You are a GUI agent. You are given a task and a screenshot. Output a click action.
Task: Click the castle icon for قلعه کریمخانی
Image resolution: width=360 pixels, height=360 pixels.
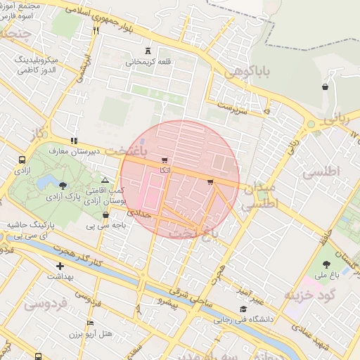(148, 51)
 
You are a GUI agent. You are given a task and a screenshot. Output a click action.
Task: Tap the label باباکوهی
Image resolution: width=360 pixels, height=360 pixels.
(244, 72)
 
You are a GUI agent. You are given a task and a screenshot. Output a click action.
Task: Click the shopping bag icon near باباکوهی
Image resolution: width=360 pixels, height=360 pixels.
(325, 87)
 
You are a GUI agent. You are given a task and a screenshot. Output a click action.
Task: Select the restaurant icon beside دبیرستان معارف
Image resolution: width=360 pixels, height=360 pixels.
(74, 140)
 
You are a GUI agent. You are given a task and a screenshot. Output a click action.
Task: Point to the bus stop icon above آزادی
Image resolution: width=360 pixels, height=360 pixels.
(22, 160)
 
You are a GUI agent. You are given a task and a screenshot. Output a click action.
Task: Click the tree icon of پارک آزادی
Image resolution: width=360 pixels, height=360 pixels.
(64, 186)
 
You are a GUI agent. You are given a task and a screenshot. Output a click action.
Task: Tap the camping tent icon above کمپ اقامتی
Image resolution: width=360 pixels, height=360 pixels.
(105, 181)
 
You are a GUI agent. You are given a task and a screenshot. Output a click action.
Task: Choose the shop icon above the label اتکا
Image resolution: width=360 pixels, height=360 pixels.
(165, 160)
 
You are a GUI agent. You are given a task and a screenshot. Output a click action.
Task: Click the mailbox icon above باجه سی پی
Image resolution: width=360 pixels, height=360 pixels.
(105, 215)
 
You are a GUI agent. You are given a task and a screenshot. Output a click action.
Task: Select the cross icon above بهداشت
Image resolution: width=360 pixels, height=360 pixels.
(60, 266)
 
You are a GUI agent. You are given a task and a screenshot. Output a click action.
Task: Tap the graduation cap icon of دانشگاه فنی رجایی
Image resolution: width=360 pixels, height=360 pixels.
(243, 309)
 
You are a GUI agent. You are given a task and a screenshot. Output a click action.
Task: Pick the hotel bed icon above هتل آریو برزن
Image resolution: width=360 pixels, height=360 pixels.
(89, 323)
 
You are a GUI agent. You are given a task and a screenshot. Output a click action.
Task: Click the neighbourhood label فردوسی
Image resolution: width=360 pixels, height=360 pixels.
(45, 304)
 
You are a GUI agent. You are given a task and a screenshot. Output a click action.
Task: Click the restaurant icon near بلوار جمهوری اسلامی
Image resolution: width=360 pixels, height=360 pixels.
(96, 30)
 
